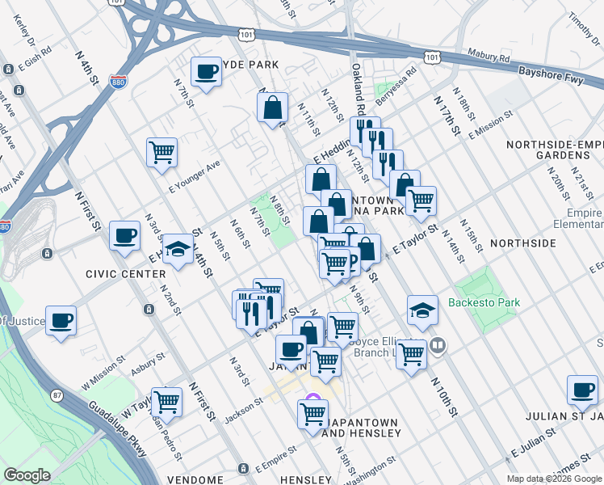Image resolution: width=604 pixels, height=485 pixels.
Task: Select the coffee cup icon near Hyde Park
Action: (x=206, y=72)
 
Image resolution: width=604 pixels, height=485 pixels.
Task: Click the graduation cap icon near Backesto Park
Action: (x=422, y=310)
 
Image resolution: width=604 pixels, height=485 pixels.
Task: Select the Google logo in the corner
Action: (x=27, y=475)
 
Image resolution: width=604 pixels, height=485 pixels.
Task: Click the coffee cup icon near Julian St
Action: (x=581, y=390)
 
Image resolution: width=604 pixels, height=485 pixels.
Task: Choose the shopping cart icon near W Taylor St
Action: (x=166, y=401)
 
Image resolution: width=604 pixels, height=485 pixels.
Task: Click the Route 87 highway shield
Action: (x=57, y=394)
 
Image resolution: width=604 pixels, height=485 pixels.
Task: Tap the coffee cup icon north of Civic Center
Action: (x=124, y=235)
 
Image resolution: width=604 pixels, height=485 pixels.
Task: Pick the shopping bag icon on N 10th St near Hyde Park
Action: (x=273, y=107)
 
